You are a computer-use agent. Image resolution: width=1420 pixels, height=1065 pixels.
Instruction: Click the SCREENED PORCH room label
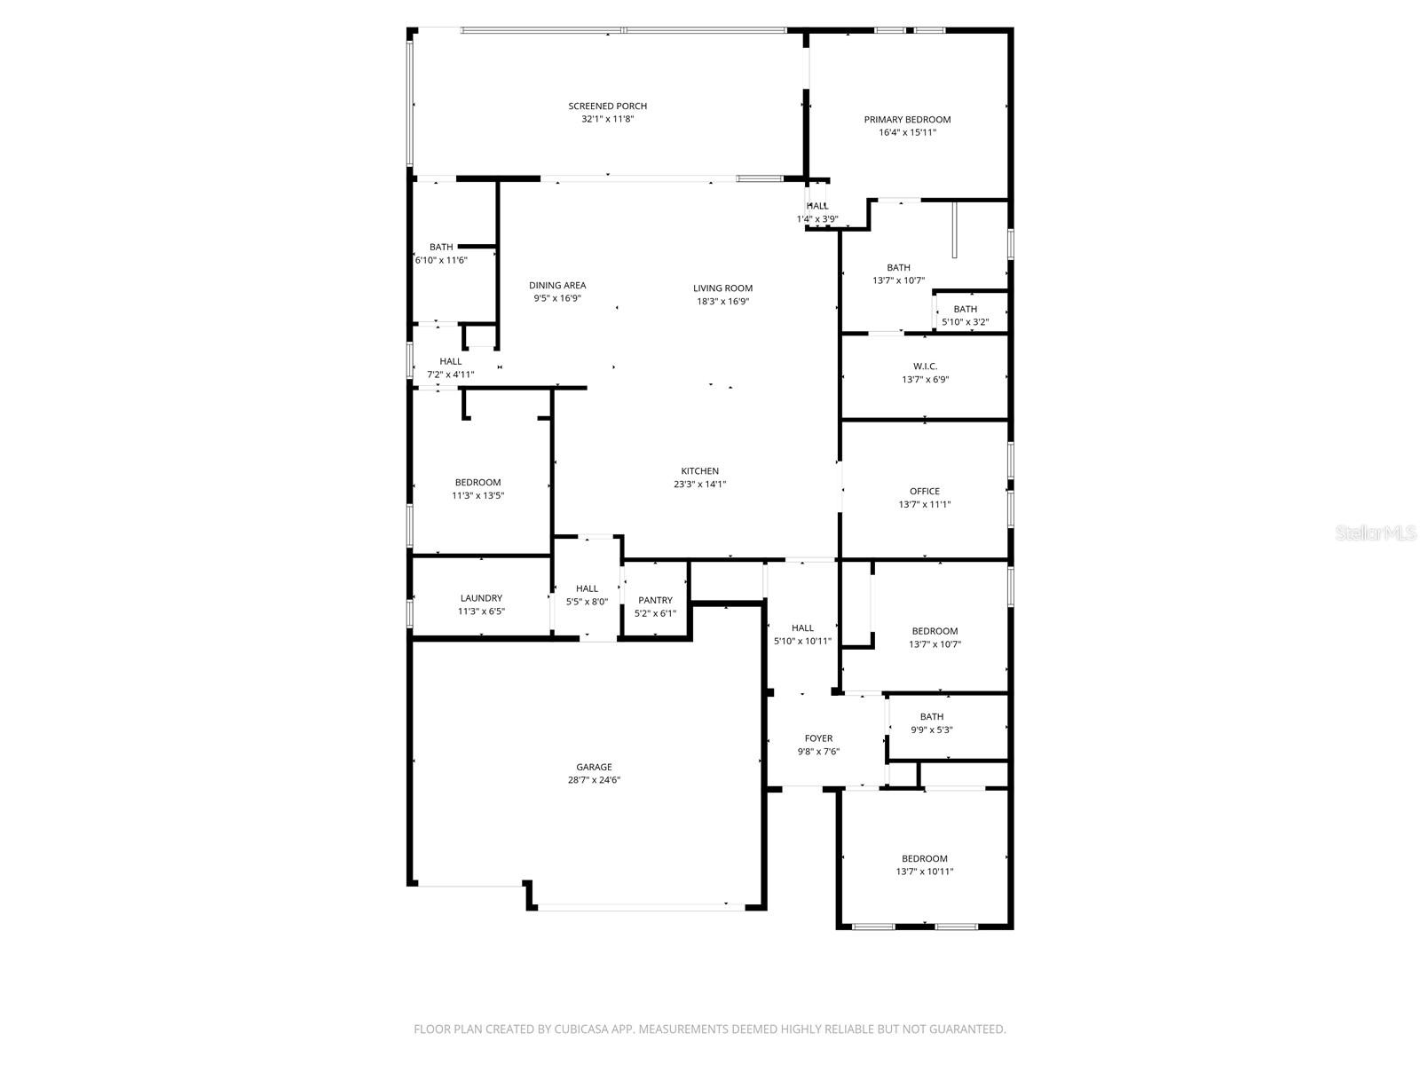(607, 106)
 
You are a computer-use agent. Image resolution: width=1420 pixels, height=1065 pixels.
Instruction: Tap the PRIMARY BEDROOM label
(907, 120)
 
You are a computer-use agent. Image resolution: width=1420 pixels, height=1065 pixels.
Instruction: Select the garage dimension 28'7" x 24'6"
(594, 780)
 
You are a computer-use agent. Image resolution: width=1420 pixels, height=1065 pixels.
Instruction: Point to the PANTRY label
(655, 601)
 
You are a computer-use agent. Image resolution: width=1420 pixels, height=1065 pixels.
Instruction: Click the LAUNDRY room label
(481, 598)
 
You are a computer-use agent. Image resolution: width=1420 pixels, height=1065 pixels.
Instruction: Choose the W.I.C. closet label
(925, 367)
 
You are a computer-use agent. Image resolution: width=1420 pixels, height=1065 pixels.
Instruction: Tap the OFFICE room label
(924, 492)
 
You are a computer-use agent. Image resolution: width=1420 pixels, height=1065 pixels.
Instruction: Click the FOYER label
(818, 738)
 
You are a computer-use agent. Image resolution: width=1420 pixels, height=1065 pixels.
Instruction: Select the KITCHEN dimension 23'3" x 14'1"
(699, 485)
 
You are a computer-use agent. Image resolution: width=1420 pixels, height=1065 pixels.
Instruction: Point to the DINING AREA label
(557, 286)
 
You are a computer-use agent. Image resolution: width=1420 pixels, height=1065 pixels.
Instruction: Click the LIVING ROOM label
(722, 288)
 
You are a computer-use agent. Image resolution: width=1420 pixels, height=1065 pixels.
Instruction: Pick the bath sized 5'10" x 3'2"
(965, 322)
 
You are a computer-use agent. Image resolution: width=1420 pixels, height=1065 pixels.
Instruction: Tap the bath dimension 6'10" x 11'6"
(441, 260)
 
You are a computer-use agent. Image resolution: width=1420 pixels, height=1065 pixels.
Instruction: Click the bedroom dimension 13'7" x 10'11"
(924, 872)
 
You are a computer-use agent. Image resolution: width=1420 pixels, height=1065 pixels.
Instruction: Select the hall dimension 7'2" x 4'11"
(450, 375)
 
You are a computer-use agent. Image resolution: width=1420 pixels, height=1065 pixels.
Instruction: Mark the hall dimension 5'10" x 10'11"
(802, 641)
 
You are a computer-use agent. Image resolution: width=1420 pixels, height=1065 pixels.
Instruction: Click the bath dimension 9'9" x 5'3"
(931, 730)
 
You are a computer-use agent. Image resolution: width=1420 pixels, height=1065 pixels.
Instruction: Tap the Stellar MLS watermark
(1376, 533)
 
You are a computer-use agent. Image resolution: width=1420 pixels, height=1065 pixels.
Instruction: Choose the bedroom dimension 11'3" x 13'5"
(477, 496)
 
